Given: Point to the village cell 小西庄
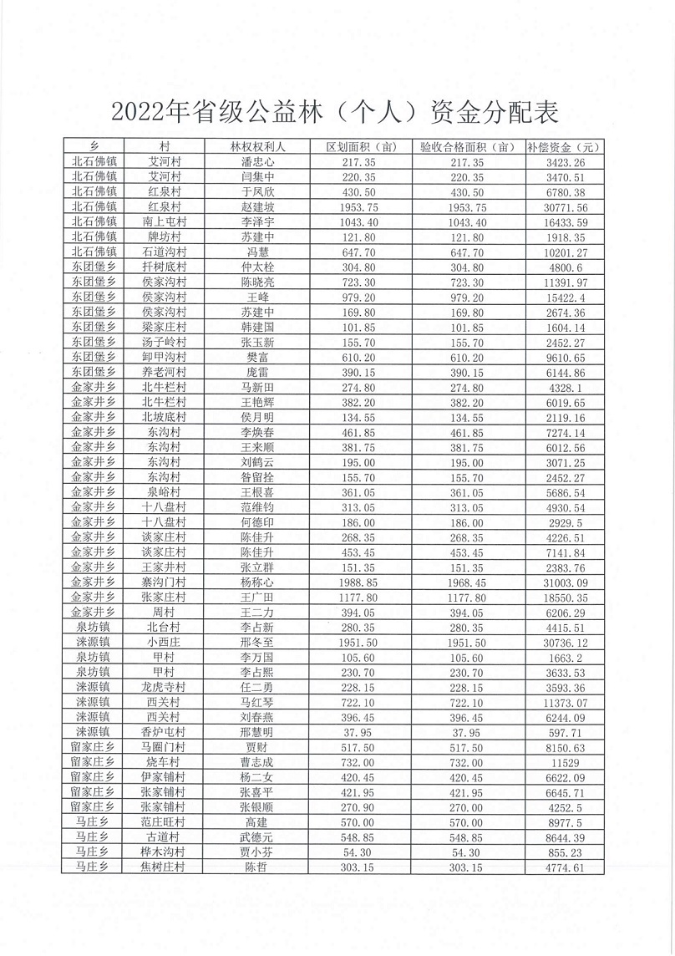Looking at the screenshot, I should click(x=165, y=642).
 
